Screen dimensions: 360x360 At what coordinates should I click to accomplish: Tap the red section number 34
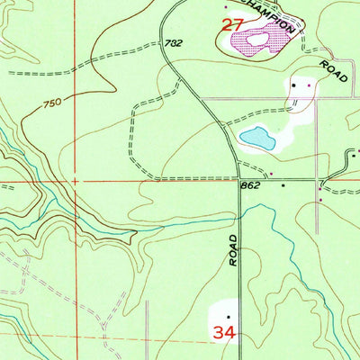tap(224, 333)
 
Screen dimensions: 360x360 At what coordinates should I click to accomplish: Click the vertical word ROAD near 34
tap(232, 248)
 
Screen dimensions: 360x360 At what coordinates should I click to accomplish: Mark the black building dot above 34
tap(229, 317)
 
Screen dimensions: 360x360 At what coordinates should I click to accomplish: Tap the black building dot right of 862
tap(283, 184)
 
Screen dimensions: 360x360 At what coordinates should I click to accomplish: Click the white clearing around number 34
tap(224, 320)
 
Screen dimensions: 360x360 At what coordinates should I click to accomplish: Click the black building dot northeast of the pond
tap(294, 85)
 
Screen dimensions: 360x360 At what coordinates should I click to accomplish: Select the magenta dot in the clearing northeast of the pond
tap(310, 85)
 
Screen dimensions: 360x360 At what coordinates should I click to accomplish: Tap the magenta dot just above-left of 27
tap(225, 7)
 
